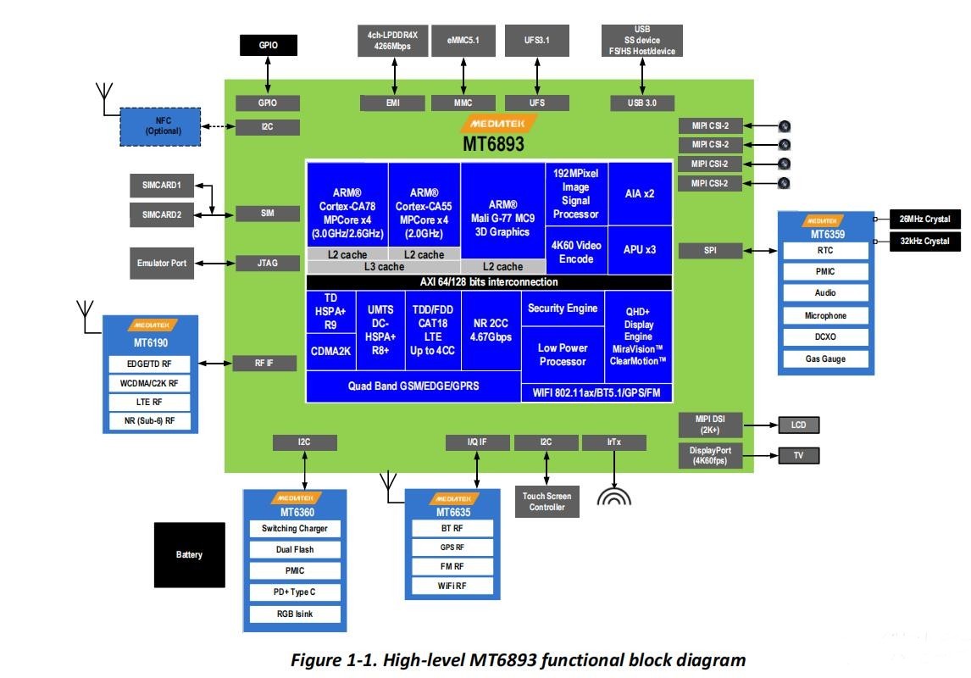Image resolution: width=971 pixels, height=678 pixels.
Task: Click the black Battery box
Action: pos(189,555)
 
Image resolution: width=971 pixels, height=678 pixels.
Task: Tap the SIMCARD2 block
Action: pos(162,214)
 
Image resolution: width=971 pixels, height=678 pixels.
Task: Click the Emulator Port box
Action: pos(162,263)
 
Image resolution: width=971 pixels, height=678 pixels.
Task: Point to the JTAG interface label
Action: pos(268,263)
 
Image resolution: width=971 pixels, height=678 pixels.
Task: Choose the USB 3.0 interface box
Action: pos(642,103)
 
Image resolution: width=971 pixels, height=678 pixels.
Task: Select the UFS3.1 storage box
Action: pos(537,40)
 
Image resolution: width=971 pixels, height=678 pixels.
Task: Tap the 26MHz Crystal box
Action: pos(924,220)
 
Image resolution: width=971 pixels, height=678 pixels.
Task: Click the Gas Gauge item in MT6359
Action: pos(825,358)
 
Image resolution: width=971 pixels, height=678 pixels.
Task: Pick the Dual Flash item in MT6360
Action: pos(295,549)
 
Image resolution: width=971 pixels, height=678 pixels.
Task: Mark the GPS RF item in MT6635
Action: pos(452,547)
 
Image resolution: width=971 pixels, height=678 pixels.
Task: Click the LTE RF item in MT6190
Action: pos(151,402)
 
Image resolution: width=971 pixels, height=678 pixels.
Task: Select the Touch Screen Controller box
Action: pos(547,502)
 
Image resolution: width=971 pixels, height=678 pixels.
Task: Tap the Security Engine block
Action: pos(563,308)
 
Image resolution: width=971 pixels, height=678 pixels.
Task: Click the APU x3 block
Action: pos(640,250)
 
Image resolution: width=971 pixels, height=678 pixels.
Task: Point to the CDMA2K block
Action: pos(330,353)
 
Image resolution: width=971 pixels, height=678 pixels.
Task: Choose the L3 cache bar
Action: pos(383,267)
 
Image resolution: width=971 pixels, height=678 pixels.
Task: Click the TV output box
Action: pos(798,455)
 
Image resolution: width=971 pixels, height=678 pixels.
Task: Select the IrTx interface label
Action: pos(613,442)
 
